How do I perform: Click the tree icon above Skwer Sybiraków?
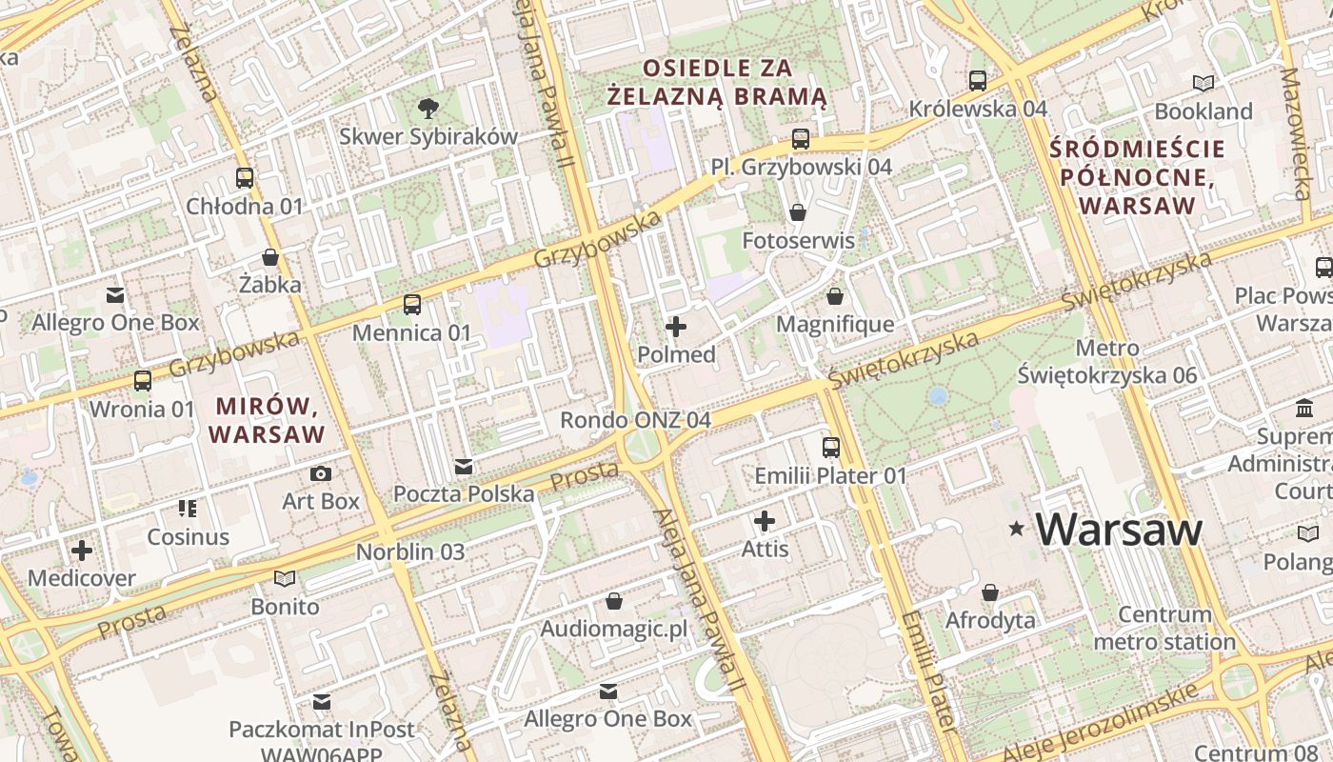pos(428,108)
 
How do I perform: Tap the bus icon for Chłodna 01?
pos(245,178)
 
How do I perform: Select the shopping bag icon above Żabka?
pos(270,257)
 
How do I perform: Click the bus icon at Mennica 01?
pos(412,305)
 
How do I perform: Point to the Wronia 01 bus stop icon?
pos(143,381)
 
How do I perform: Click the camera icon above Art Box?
pos(321,473)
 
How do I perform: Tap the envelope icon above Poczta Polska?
pos(464,467)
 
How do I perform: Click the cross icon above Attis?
pos(765,521)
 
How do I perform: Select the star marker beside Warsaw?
pos(1017,528)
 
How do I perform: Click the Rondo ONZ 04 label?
pos(635,420)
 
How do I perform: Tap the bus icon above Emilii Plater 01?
pos(831,447)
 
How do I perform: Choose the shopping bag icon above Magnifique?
pos(835,297)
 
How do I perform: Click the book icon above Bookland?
pos(1204,83)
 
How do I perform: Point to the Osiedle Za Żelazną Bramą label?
pos(717,82)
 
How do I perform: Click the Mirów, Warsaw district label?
pos(267,420)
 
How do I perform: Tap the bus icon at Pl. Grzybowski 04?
pos(801,139)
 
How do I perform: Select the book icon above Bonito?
pos(285,578)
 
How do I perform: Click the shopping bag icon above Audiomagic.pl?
pos(614,602)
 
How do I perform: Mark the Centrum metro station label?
pos(1164,628)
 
